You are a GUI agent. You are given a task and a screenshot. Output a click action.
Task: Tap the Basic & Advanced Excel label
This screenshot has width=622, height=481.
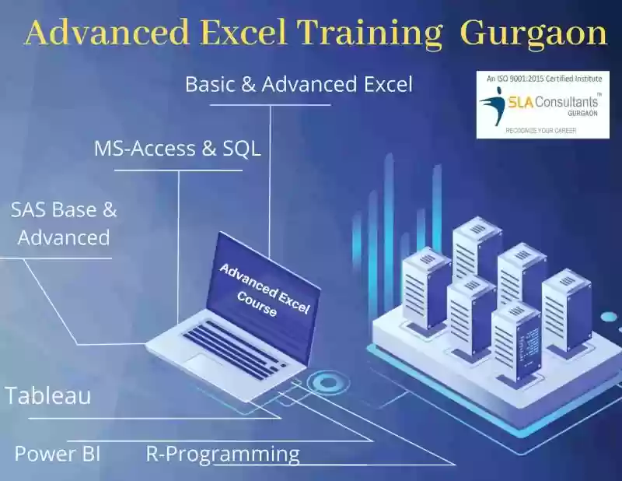[x=299, y=84]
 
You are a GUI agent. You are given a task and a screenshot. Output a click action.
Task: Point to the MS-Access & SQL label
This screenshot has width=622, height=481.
[x=178, y=149]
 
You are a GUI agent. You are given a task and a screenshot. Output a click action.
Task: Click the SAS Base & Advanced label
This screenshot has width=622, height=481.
[x=64, y=223]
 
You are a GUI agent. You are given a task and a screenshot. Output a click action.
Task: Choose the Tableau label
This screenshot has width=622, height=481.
[x=48, y=395]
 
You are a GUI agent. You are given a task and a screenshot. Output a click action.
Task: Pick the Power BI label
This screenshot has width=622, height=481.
[x=58, y=454]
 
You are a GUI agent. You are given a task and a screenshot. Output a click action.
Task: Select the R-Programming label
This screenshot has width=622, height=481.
[x=223, y=455]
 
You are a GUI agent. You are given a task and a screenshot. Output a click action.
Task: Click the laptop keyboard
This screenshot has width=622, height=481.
[x=235, y=346]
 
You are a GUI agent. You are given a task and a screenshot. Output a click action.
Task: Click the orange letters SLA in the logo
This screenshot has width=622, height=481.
[x=520, y=103]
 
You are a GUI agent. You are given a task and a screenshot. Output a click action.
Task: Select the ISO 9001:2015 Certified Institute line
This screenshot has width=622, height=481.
[x=543, y=79]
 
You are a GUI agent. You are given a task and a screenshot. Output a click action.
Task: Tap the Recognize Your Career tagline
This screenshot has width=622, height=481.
[x=540, y=130]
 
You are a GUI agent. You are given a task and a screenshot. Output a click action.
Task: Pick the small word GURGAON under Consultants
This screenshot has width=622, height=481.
[x=582, y=113]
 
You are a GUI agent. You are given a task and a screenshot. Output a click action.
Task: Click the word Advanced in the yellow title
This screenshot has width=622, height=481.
[x=107, y=33]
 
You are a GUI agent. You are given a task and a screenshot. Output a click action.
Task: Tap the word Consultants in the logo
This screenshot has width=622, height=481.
[x=566, y=102]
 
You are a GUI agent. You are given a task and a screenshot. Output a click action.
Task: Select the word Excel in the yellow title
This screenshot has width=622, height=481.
[x=243, y=33]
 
